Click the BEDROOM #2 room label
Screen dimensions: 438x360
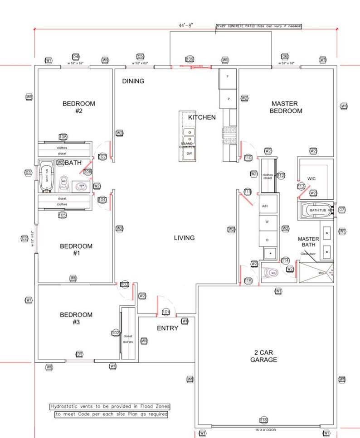[x=78, y=107]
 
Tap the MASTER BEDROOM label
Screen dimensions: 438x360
[x=286, y=107]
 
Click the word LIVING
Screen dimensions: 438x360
[x=184, y=238]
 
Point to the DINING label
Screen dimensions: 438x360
[x=133, y=81]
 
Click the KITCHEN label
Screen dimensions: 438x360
[x=202, y=117]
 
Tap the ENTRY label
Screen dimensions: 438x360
[x=167, y=328]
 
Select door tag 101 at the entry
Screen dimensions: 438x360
[x=166, y=312]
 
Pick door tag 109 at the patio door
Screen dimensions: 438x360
[x=190, y=60]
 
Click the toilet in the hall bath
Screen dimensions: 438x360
[x=64, y=182]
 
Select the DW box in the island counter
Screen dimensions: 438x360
[x=189, y=154]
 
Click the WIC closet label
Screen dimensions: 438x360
[x=311, y=178]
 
